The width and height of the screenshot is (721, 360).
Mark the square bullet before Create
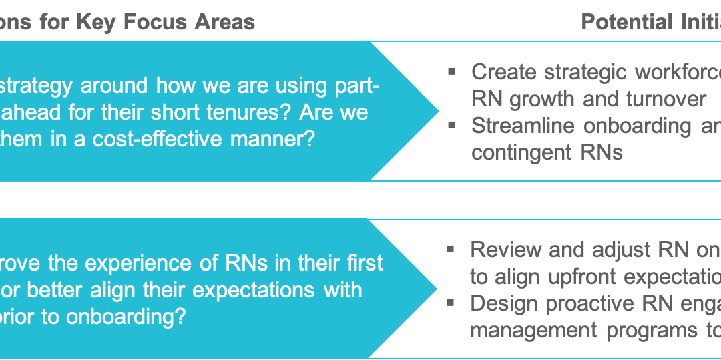pos(452,70)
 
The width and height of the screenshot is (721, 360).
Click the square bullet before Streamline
pos(452,124)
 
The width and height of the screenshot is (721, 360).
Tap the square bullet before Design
pos(452,302)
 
